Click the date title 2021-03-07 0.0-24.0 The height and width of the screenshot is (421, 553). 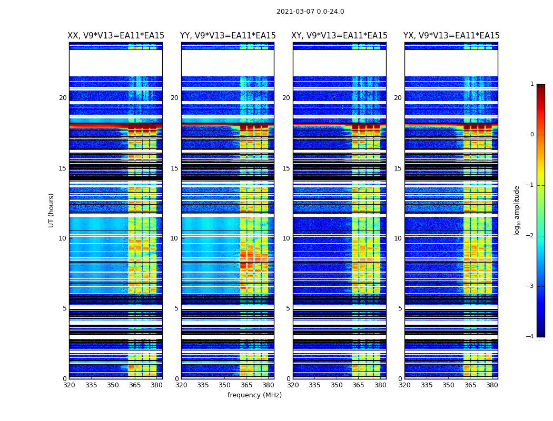(x=310, y=12)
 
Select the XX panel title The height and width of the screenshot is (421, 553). (x=116, y=36)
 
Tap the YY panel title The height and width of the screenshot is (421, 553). (x=228, y=36)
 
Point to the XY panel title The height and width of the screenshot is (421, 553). (x=340, y=36)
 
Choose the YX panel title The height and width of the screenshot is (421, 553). (x=451, y=36)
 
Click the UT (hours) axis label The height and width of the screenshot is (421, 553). (x=52, y=210)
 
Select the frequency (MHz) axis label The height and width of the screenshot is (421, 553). (x=254, y=395)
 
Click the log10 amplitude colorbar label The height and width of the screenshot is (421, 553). (x=517, y=210)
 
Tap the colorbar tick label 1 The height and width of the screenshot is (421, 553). (x=531, y=84)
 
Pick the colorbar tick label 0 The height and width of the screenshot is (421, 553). (x=531, y=135)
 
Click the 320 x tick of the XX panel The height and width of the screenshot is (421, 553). (x=70, y=385)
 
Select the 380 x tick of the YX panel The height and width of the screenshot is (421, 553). (x=492, y=385)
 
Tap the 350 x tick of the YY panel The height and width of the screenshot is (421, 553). (x=225, y=385)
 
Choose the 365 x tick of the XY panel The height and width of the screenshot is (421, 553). (x=359, y=385)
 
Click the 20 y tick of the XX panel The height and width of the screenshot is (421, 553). (x=63, y=98)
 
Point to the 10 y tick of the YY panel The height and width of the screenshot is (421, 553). (x=174, y=238)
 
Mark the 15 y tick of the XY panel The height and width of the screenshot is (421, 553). (x=286, y=168)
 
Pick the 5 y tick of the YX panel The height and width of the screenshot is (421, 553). (x=400, y=308)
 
